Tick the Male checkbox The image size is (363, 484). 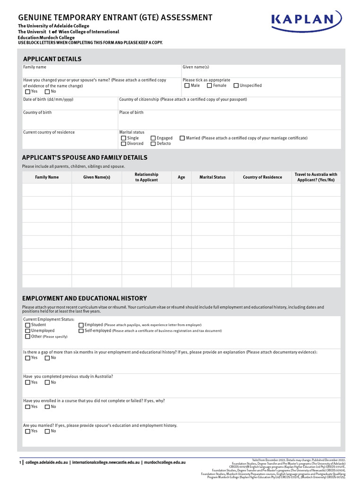point(187,86)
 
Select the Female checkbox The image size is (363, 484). point(209,86)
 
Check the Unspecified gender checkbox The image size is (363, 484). point(236,86)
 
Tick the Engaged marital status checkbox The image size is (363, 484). point(153,138)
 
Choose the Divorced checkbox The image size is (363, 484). point(123,144)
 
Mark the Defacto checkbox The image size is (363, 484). point(153,144)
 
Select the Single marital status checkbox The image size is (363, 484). point(123,138)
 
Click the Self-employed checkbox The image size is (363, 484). point(81,331)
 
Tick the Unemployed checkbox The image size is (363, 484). point(27,331)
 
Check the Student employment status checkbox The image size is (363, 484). point(27,325)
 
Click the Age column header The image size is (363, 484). point(181,177)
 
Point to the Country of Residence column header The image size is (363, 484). point(262,177)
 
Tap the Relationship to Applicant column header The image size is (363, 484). point(147,177)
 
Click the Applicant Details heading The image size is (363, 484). point(52,59)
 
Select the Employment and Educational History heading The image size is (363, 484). point(85,298)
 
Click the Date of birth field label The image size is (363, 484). point(48,100)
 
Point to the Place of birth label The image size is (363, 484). point(131,112)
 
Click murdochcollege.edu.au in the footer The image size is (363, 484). point(164,462)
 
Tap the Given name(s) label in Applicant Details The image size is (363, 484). point(196,67)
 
